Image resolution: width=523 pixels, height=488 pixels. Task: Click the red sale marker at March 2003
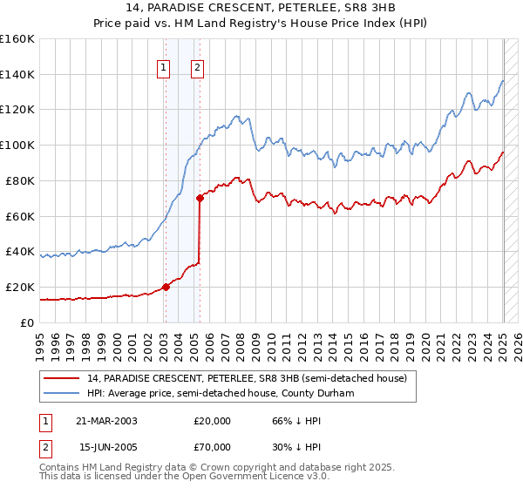click(166, 287)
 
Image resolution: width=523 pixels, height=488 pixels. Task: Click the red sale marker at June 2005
click(200, 198)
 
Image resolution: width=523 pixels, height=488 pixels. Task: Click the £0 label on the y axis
click(26, 322)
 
